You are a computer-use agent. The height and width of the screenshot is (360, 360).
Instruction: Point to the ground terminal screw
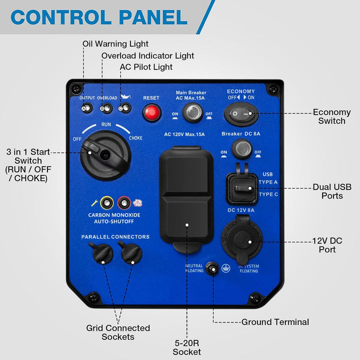(x=213, y=269)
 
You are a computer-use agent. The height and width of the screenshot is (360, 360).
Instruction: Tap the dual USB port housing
(x=242, y=189)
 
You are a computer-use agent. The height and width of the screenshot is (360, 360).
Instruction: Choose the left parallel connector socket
(x=102, y=253)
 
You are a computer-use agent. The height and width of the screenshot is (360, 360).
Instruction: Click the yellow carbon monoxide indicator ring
(x=106, y=202)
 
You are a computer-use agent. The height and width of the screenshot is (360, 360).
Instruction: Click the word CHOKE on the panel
(x=135, y=138)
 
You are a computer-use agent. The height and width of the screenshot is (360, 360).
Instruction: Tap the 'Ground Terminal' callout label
(x=275, y=322)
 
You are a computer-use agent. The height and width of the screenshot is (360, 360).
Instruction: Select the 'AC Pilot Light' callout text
(x=146, y=67)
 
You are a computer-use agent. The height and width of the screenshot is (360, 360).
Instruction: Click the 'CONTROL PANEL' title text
(x=99, y=17)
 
